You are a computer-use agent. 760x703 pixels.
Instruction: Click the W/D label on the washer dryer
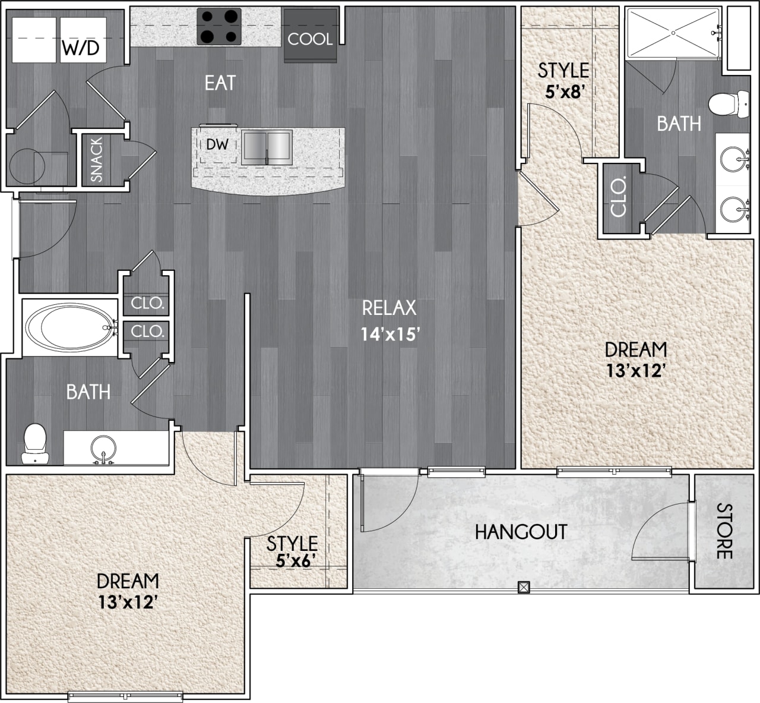tap(82, 48)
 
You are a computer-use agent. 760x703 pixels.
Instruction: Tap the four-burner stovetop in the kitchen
tap(219, 27)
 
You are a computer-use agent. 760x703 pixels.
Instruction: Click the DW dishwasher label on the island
tap(217, 144)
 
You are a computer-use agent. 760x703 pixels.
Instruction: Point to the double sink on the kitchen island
tap(267, 148)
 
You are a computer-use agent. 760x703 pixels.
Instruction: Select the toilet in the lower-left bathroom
tap(34, 443)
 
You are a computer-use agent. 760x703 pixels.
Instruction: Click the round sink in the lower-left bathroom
tap(103, 447)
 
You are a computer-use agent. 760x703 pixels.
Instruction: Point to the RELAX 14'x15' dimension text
tap(390, 335)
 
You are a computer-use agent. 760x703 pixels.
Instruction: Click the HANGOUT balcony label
tap(521, 532)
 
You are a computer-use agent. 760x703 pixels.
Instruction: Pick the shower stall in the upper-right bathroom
tap(673, 33)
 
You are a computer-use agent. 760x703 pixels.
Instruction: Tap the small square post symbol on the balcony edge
tap(523, 587)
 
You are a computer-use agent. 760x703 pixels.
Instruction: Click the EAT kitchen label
tap(220, 83)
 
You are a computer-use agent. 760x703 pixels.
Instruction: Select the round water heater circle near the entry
tap(26, 161)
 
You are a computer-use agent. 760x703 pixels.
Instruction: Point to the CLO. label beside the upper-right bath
tap(617, 198)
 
